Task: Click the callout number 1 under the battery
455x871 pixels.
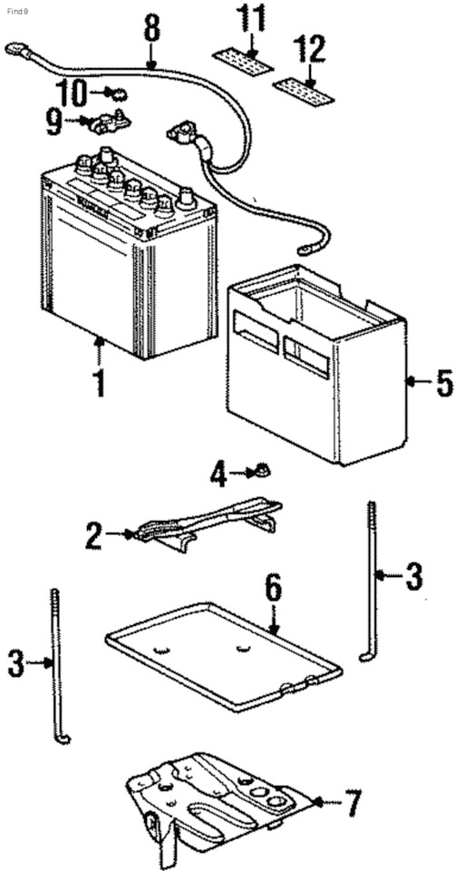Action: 98,383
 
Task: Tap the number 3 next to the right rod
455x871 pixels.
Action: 412,575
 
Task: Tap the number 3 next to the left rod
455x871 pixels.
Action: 15,663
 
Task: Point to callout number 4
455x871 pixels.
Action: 218,474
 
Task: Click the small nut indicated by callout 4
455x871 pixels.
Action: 260,471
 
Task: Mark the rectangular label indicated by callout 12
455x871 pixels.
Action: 302,87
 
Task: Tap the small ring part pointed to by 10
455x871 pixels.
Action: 116,93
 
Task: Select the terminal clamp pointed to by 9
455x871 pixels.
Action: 111,119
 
